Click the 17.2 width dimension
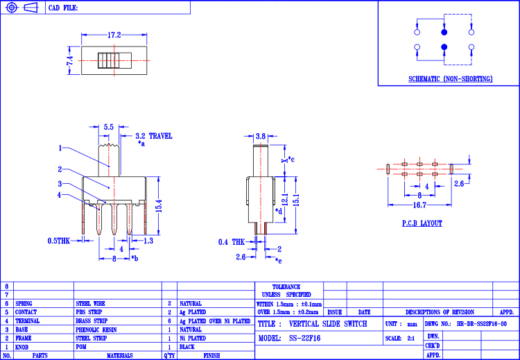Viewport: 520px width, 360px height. (x=114, y=35)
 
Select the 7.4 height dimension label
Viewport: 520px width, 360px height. (x=69, y=61)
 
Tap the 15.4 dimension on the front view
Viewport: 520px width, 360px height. (x=159, y=206)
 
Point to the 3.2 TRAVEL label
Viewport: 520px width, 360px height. (x=154, y=136)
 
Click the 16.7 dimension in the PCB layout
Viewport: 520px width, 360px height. (x=419, y=205)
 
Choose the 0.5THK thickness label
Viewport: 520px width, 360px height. (x=59, y=241)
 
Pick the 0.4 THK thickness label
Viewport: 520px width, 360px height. (x=232, y=243)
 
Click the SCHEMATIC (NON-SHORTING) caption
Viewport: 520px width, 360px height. (x=451, y=79)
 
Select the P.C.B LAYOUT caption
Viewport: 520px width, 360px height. (x=422, y=223)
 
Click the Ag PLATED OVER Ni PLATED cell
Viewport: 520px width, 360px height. (x=215, y=321)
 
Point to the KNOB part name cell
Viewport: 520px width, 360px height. (x=22, y=347)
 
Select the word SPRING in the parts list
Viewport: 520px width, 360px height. (x=24, y=304)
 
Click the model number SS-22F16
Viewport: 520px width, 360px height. (x=305, y=338)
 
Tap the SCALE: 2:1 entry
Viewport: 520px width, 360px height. (x=400, y=338)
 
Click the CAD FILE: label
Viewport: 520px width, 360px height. (x=63, y=8)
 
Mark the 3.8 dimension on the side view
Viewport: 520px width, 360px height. (x=261, y=136)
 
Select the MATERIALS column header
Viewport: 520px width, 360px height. (x=120, y=356)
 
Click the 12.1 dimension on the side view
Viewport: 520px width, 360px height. (x=284, y=200)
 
